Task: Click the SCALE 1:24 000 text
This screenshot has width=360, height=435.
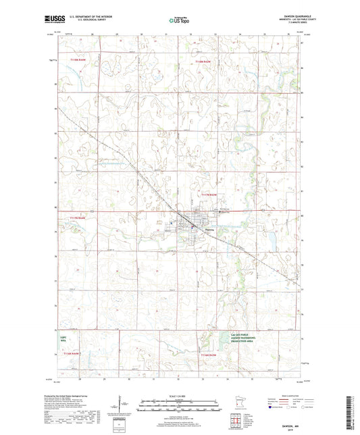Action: coord(180,395)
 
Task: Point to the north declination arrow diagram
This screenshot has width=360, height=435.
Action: coord(122,407)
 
